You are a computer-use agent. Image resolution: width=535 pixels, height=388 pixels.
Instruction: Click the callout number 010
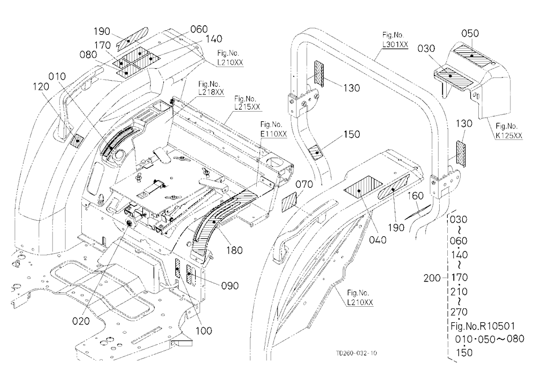coord(57,76)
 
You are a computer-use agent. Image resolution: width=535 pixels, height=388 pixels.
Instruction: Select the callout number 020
coord(81,321)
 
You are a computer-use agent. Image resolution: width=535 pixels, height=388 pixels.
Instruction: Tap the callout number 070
coord(304,184)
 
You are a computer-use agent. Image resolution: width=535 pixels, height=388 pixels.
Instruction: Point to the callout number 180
coord(234,250)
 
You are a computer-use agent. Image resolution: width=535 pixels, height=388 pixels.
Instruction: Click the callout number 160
coord(415,196)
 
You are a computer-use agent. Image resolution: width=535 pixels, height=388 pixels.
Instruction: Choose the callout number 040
coord(378,240)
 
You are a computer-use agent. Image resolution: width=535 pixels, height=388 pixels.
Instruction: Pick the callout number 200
coord(432,278)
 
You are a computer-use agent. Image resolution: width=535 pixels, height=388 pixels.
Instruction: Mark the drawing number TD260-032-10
coord(356,353)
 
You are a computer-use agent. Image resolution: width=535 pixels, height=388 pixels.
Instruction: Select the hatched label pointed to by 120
coord(77,140)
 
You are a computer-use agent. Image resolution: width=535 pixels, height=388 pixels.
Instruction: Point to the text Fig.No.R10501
coord(483,326)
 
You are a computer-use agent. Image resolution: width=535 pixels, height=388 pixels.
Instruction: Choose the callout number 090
coord(230,285)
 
